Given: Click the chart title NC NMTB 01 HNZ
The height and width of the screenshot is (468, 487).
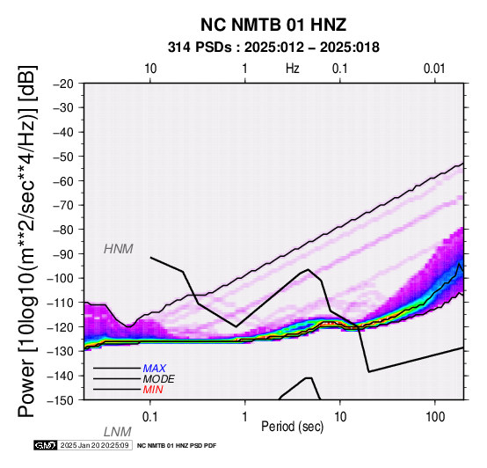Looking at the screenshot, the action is click(x=273, y=25).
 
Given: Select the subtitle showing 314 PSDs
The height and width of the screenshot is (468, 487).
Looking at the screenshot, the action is click(x=273, y=48).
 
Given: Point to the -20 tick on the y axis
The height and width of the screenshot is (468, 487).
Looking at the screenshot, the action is click(x=63, y=84).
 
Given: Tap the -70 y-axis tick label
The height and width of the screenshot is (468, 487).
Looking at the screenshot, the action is click(x=63, y=205).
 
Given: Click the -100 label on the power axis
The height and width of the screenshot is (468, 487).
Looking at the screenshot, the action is click(x=61, y=278).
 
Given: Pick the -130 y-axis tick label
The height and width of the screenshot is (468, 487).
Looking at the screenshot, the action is click(x=61, y=351).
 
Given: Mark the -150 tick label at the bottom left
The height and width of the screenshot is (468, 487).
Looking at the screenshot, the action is click(x=61, y=400).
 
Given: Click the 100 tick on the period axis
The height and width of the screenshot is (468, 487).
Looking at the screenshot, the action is click(x=435, y=417).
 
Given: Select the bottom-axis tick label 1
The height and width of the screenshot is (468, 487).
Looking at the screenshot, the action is click(x=245, y=417).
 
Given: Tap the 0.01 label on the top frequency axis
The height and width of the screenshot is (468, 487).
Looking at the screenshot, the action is click(x=434, y=69).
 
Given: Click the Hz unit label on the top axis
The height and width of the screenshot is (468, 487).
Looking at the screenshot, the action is click(x=293, y=69).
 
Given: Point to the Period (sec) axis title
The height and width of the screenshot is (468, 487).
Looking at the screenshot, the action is click(x=293, y=427).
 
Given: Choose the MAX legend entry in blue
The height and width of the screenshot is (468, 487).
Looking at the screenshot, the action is click(x=155, y=369).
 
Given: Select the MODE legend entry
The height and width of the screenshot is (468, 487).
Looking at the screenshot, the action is click(x=159, y=379).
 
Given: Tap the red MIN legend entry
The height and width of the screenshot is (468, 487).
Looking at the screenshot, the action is click(x=153, y=390).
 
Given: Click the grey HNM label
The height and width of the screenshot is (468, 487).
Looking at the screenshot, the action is click(x=119, y=249).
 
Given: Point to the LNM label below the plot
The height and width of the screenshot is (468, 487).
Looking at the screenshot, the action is click(x=118, y=432).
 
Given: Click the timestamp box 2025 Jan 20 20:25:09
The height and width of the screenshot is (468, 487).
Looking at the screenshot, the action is click(x=94, y=445).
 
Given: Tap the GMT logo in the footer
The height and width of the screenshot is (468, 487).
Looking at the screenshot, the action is click(x=46, y=445).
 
